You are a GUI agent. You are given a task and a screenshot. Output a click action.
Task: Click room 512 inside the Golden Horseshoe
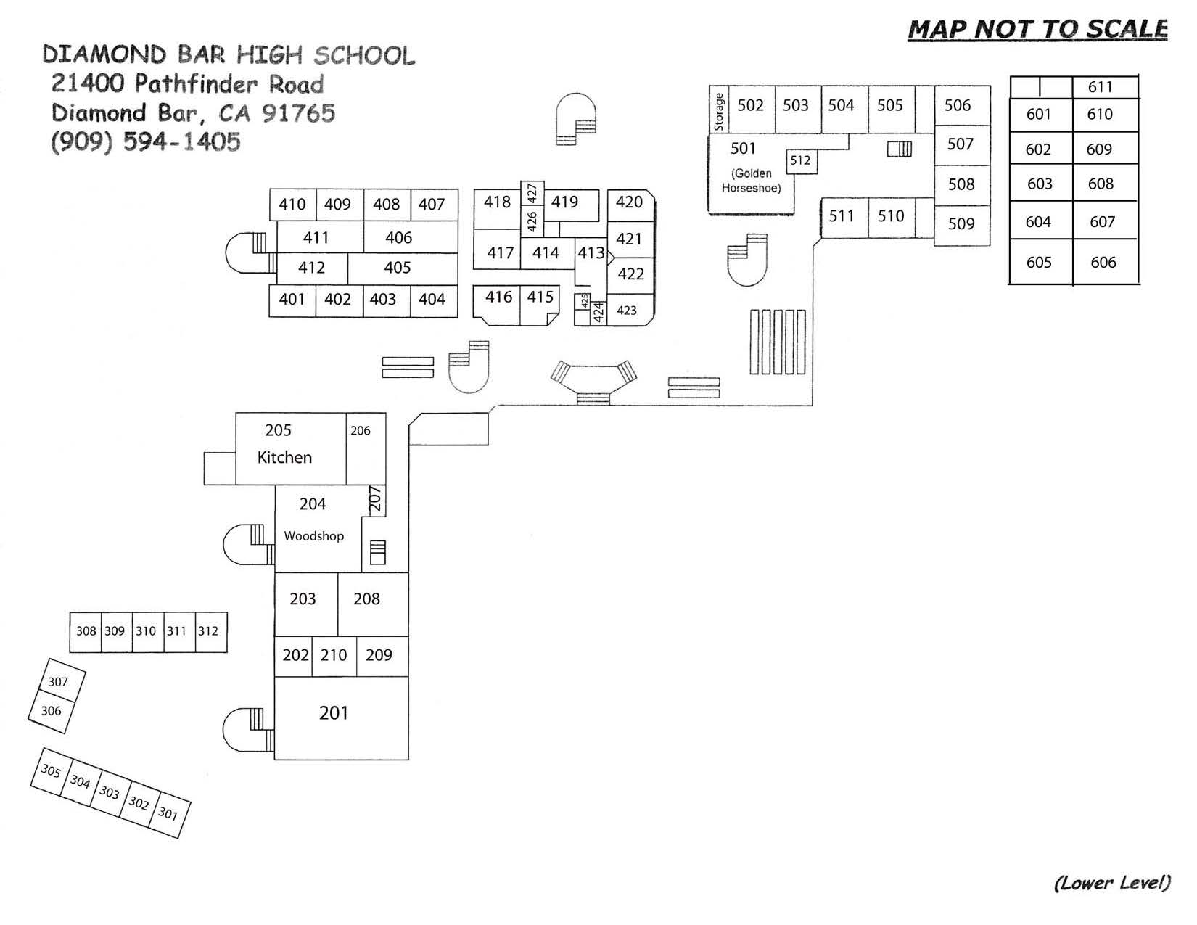800,160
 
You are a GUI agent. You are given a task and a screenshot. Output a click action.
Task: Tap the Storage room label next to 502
719,111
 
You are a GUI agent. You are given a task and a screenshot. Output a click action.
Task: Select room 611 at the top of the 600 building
1100,87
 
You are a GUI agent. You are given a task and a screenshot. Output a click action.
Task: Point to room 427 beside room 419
532,193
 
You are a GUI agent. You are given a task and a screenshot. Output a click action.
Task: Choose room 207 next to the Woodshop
375,499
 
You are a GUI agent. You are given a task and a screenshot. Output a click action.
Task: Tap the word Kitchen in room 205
284,457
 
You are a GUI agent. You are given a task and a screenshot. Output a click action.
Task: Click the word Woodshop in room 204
313,536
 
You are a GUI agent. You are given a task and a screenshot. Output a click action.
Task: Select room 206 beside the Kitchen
360,431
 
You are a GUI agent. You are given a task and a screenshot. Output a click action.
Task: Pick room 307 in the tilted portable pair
58,682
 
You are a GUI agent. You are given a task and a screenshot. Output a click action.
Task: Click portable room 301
168,813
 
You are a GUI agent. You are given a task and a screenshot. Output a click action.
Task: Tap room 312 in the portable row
208,631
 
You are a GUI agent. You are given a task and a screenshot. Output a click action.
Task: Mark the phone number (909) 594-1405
146,141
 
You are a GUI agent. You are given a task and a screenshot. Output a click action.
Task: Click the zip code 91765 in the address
298,113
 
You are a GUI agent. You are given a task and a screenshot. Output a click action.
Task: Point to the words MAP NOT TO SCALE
1037,29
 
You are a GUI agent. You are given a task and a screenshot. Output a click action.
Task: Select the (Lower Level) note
1111,883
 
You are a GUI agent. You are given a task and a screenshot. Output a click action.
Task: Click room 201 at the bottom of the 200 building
334,713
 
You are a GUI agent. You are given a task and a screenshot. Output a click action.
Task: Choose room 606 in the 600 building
1103,263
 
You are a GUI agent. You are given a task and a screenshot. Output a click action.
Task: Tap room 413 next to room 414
591,252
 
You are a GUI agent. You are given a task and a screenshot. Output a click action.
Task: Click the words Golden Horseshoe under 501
752,181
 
